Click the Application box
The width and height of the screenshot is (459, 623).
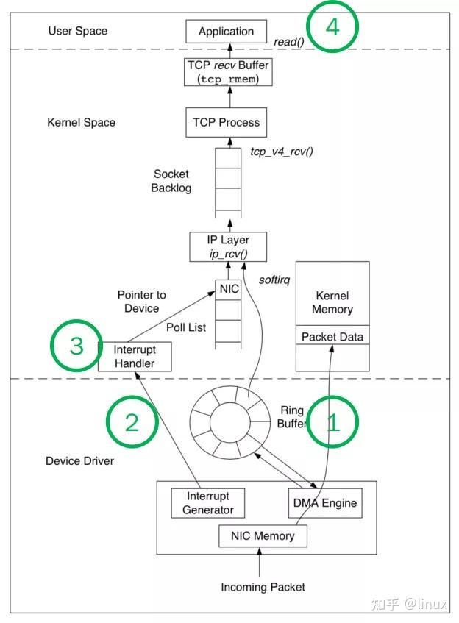coord(226,32)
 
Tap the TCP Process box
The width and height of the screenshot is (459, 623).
coord(226,123)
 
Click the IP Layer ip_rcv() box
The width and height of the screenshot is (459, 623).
coord(229,246)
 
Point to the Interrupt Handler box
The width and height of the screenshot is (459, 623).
coord(134,356)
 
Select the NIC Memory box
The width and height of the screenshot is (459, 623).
coord(263,535)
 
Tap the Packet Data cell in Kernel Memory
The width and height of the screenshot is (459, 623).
coord(332,337)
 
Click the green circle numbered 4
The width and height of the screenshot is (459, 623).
coord(332,27)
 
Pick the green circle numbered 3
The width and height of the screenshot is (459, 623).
coord(76,346)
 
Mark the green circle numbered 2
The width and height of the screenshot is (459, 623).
coord(132,421)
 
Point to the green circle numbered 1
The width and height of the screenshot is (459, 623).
coord(332,421)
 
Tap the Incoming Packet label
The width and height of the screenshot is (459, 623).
coord(263,587)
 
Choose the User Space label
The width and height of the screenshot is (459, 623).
coord(77,31)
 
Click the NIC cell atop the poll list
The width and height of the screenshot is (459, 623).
coord(229,289)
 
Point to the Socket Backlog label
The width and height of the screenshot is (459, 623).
coord(171,181)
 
